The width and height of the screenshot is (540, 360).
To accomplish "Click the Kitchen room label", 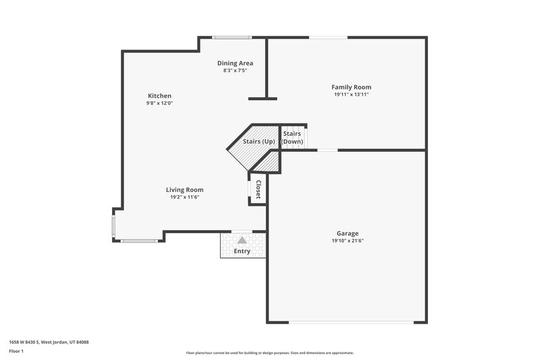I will pos(159,96).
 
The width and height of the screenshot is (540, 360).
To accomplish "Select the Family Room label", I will pos(351,87).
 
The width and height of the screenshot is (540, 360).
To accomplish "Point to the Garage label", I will pos(348,234).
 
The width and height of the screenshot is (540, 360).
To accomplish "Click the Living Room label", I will pos(185,190).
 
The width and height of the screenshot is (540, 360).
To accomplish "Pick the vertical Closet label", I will pos(258,190).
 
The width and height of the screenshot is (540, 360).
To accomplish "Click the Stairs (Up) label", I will pos(259,142).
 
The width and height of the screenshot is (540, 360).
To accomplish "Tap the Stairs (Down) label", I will pos(292,138).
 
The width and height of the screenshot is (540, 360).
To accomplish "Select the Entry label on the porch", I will pos(242,251).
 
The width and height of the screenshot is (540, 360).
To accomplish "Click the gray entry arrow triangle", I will pos(242,240).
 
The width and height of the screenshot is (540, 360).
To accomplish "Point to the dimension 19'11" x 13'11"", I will pos(351,95).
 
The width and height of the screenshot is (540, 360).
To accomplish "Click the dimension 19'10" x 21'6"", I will pos(348,241).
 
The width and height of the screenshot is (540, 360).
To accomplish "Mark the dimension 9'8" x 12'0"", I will pos(159,103).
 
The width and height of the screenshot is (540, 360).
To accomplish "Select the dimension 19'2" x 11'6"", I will pos(185,197).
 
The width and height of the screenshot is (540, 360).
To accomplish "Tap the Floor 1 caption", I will pos(17,351).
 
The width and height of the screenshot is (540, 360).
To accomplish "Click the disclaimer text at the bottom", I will pos(269,353).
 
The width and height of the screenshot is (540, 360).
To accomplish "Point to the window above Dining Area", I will pos(227,37).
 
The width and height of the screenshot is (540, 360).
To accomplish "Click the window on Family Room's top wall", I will pos(329,37).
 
